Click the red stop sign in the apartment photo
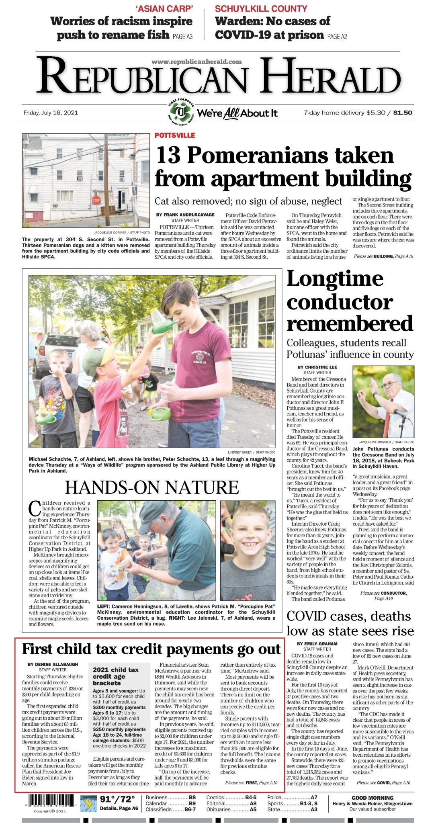[96, 200]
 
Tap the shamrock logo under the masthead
[182, 112]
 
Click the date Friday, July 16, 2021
[51, 113]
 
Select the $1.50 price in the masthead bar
[402, 113]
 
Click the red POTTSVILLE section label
[175, 135]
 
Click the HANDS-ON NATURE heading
[152, 487]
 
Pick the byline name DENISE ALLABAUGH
[53, 664]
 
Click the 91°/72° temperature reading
[117, 798]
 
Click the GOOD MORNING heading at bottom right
[373, 798]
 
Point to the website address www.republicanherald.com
[197, 61]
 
